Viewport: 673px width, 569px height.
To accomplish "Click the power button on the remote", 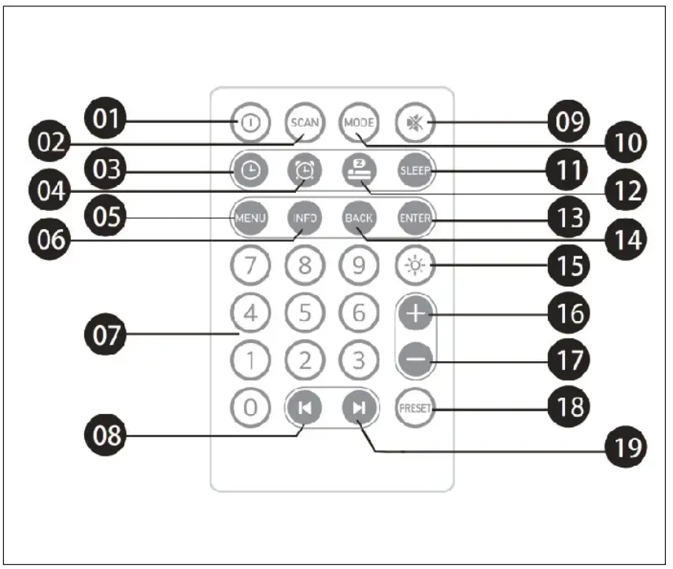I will (x=250, y=123).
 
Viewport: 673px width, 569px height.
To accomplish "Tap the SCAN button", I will (x=304, y=123).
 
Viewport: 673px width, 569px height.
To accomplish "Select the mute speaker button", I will (x=412, y=123).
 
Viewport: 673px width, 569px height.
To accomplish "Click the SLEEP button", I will (x=414, y=170).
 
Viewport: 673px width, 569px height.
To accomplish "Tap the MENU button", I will (x=250, y=218).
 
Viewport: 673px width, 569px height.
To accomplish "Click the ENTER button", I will (x=414, y=218).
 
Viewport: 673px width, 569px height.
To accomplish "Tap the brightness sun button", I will (x=412, y=265).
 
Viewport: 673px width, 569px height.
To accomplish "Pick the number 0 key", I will (x=250, y=408).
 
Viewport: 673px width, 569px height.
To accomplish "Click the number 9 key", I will (x=358, y=265).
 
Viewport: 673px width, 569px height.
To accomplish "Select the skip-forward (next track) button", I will (x=359, y=408).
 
